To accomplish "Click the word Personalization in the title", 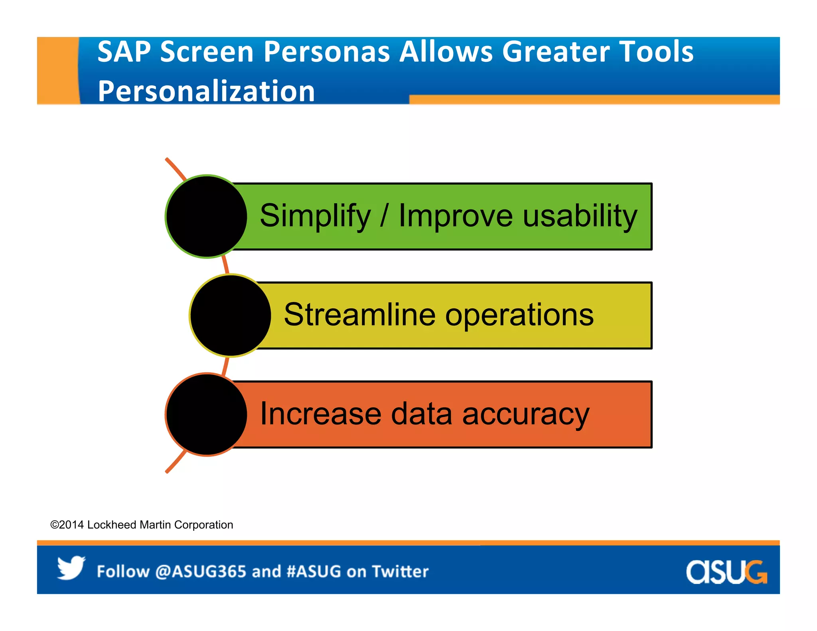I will click(x=206, y=91).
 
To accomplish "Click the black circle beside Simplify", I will click(x=206, y=216).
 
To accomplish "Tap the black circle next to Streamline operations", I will click(x=230, y=315).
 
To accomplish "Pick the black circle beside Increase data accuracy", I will click(x=206, y=414).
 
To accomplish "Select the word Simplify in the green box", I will click(x=315, y=216).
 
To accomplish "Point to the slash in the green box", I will click(x=384, y=216).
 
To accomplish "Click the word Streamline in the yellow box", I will click(x=359, y=315).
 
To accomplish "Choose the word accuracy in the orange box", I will click(x=525, y=415).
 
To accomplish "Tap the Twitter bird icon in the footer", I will click(x=71, y=568).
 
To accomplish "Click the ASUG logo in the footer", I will click(x=726, y=572).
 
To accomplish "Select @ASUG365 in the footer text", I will click(x=201, y=572).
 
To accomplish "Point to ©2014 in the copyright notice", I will click(x=67, y=525).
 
